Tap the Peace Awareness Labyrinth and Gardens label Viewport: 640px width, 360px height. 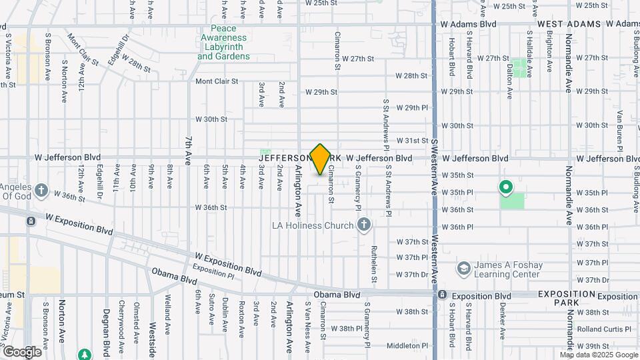click(x=224, y=43)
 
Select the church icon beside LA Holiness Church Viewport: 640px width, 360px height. click(x=364, y=225)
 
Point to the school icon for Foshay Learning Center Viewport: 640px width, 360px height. click(x=463, y=269)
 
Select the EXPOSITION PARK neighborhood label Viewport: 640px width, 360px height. click(x=566, y=298)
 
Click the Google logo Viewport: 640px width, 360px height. click(x=22, y=351)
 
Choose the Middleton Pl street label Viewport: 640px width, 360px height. click(x=405, y=346)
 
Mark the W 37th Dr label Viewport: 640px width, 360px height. click(x=411, y=275)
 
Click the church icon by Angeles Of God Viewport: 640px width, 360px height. click(x=41, y=191)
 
